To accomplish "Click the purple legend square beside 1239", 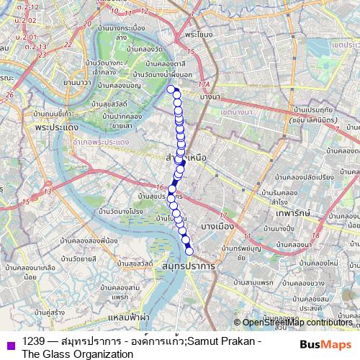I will tap(10, 345).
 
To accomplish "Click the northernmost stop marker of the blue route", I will tap(171, 89).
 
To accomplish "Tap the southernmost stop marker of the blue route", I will tap(190, 251).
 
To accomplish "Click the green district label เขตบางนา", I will tap(238, 114).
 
